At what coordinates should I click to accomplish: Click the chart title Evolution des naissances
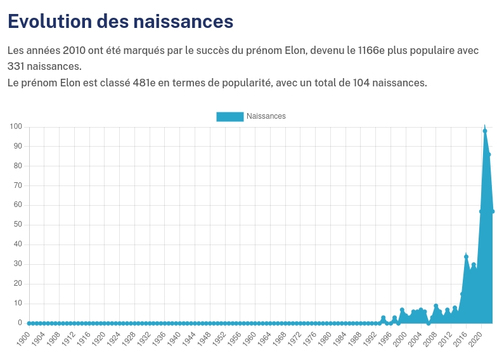(120, 21)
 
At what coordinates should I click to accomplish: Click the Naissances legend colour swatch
(229, 116)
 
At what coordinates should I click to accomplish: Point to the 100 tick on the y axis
(16, 127)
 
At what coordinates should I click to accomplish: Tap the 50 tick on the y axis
(18, 225)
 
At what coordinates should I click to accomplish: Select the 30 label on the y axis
(18, 264)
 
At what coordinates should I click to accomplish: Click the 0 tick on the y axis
(20, 323)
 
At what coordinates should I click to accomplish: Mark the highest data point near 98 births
(485, 131)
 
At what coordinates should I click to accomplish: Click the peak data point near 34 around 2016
(466, 257)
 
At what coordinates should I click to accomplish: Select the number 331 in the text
(16, 66)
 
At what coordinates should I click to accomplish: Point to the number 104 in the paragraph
(353, 83)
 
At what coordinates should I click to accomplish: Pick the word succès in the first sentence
(217, 50)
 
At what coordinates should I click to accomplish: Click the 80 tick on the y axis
(18, 166)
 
